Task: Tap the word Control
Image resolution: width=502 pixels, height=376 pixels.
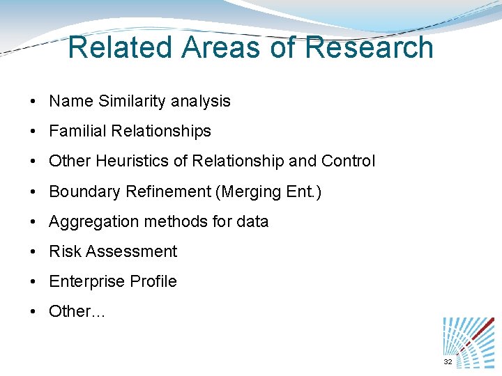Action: (348, 161)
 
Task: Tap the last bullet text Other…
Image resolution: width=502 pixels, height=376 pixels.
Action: (77, 311)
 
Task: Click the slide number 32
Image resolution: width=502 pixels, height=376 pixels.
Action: (448, 363)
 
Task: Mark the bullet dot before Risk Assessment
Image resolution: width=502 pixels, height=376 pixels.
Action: (33, 252)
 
